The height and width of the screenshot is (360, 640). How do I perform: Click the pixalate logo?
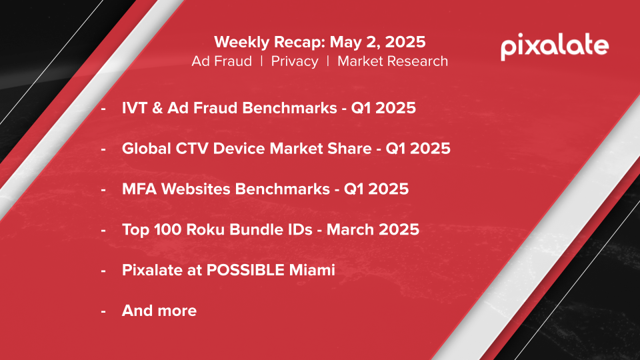(x=555, y=47)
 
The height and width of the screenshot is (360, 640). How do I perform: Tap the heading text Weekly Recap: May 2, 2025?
(x=319, y=42)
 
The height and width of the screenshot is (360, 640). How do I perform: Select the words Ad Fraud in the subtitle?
(x=221, y=61)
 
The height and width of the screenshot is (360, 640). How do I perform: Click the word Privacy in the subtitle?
(x=295, y=61)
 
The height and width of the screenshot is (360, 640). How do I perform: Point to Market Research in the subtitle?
(x=393, y=61)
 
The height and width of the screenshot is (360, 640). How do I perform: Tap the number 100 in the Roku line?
(x=168, y=229)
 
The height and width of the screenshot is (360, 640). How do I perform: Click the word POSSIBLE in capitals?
(x=245, y=270)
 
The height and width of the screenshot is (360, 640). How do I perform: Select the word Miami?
(x=312, y=270)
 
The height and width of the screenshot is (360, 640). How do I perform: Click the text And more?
(x=159, y=311)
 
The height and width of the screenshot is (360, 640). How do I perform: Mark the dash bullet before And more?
(x=103, y=311)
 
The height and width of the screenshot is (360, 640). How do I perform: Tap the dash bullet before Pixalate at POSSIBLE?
(x=103, y=271)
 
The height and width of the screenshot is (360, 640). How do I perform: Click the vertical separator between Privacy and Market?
(x=328, y=61)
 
